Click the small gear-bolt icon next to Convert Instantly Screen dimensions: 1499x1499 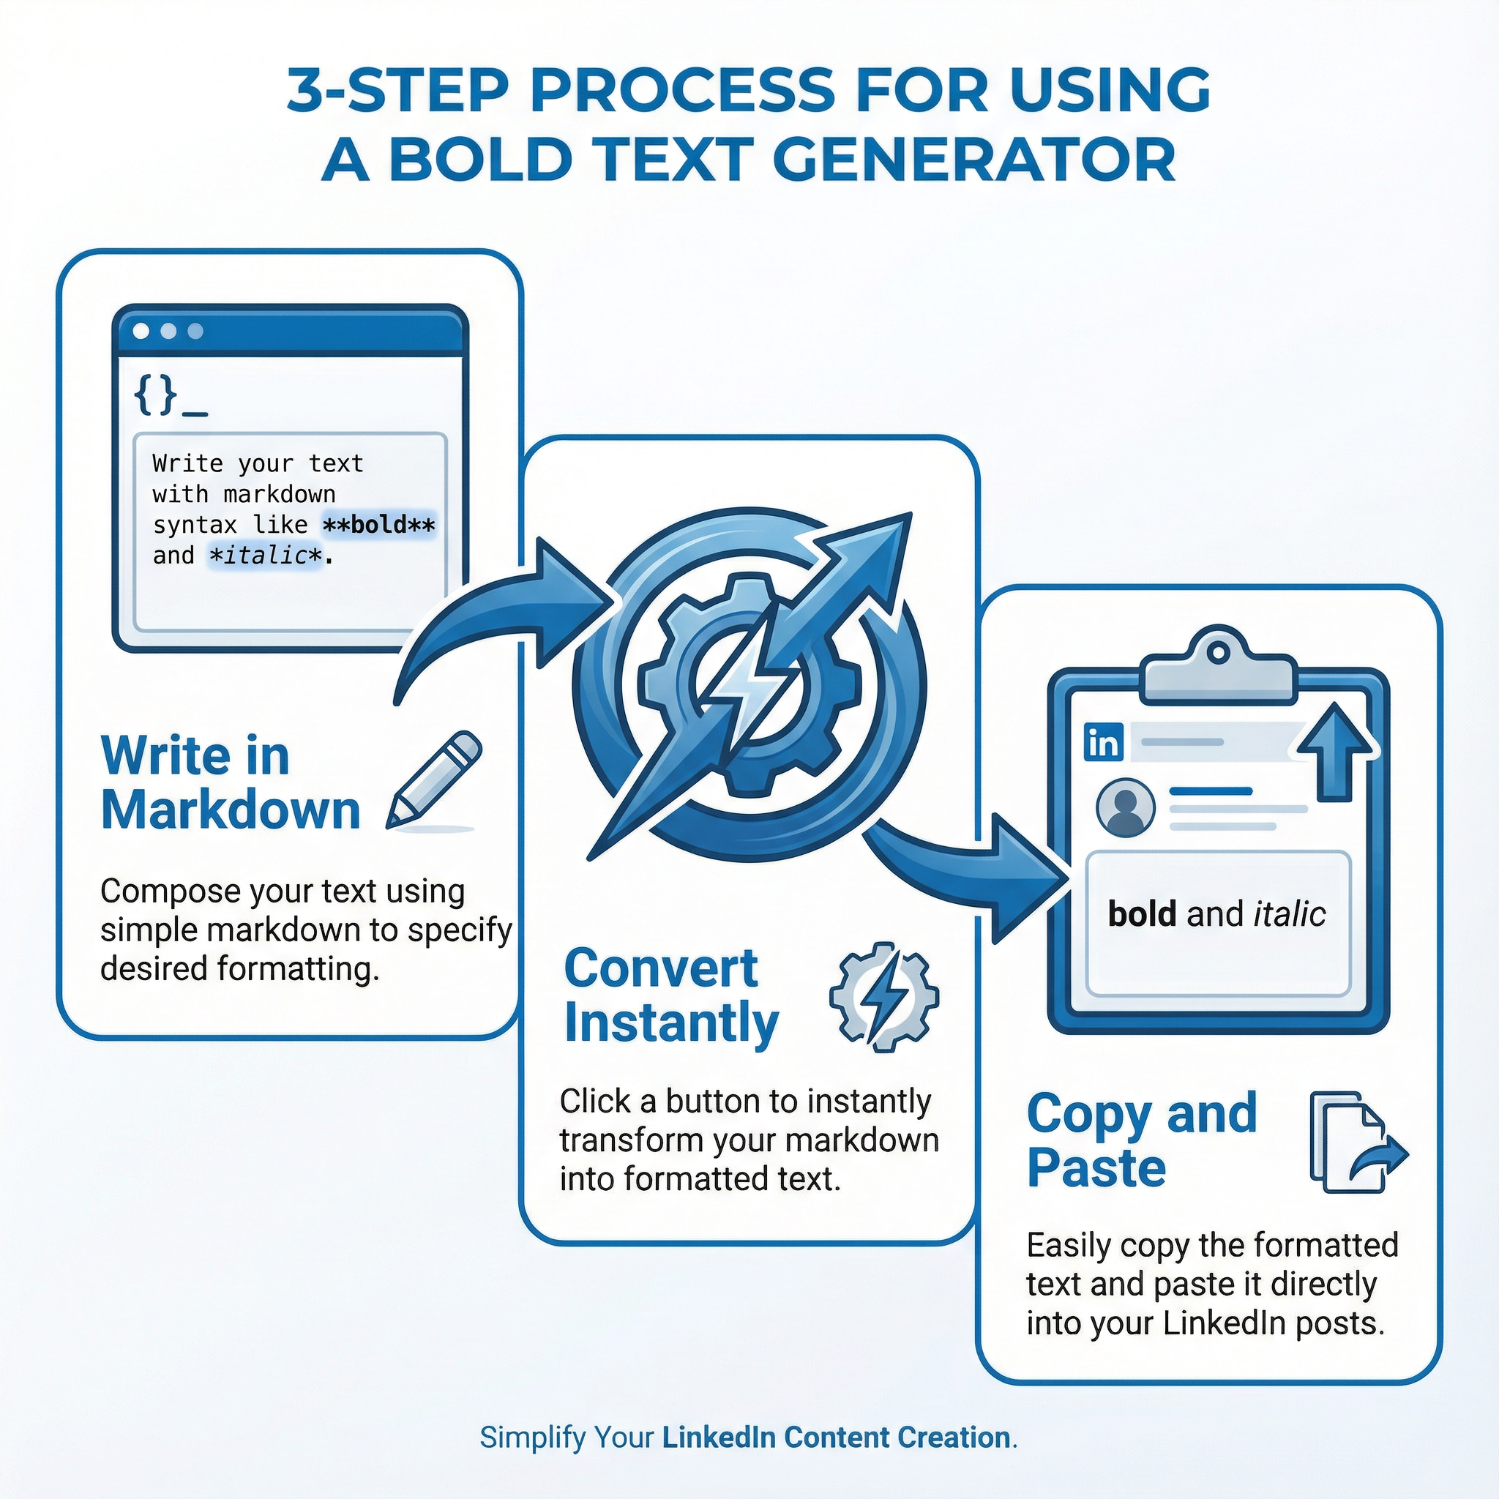pos(883,996)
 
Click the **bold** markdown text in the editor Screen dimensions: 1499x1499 pos(378,526)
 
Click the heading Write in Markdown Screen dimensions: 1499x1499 pos(231,783)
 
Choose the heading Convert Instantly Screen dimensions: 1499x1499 pos(670,995)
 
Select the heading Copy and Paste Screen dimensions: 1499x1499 pos(1140,1140)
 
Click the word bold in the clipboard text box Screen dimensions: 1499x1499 pos(1141,914)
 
